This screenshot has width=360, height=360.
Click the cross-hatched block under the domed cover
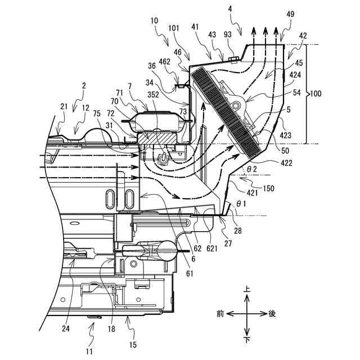163,137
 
